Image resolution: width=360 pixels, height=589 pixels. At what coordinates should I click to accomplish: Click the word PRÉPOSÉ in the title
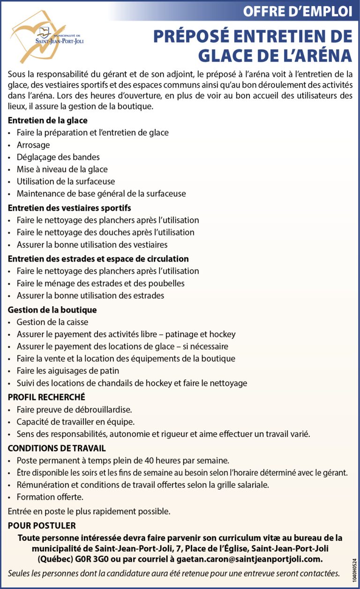(x=196, y=37)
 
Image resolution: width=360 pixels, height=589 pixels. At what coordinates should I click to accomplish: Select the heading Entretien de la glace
(x=48, y=121)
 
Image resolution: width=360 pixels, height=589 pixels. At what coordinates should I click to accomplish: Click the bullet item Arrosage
(x=33, y=145)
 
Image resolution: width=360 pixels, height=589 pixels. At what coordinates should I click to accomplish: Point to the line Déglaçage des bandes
(x=58, y=157)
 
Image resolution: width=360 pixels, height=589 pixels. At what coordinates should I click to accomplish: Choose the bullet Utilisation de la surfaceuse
(x=66, y=181)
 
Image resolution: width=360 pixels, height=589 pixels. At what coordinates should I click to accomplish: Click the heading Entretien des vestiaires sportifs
(x=69, y=207)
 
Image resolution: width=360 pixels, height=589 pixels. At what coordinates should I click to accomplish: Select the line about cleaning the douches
(x=105, y=232)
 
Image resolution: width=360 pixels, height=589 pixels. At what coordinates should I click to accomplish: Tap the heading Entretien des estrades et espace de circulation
(x=98, y=258)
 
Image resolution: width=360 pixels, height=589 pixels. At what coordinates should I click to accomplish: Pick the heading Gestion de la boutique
(x=52, y=310)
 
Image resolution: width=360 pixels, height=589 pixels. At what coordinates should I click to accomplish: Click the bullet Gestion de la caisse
(x=52, y=322)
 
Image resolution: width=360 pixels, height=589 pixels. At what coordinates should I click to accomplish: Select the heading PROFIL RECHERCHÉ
(x=46, y=397)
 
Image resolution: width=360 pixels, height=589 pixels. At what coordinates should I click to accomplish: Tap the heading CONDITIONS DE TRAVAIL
(x=57, y=448)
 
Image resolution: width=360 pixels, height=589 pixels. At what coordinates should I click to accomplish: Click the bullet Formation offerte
(x=50, y=497)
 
